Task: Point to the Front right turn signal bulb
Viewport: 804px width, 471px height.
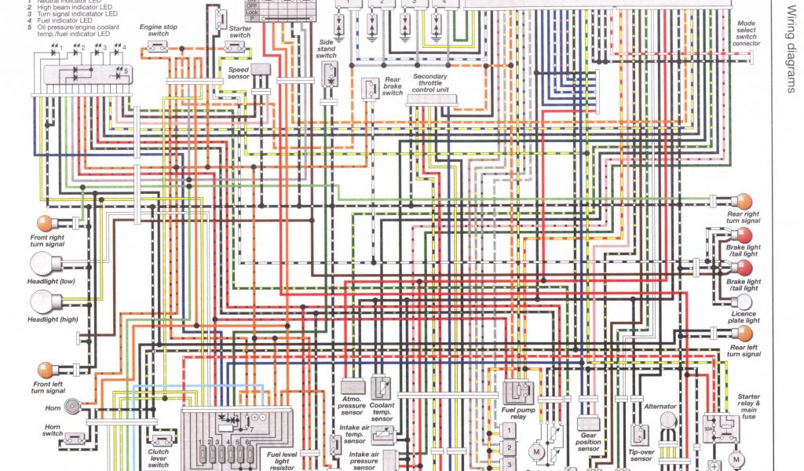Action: pyautogui.click(x=45, y=222)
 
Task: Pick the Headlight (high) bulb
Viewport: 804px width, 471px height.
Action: pyautogui.click(x=41, y=301)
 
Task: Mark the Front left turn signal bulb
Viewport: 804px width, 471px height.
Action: pyautogui.click(x=45, y=368)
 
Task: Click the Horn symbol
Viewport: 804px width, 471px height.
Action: pyautogui.click(x=73, y=406)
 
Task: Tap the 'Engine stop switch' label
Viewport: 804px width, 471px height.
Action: pyautogui.click(x=158, y=30)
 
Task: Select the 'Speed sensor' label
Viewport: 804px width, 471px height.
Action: pyautogui.click(x=239, y=72)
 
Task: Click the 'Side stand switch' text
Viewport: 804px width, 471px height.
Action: pyautogui.click(x=327, y=48)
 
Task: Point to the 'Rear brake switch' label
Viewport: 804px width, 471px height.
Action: pyautogui.click(x=392, y=86)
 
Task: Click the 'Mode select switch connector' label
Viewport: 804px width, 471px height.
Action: pyautogui.click(x=747, y=34)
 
